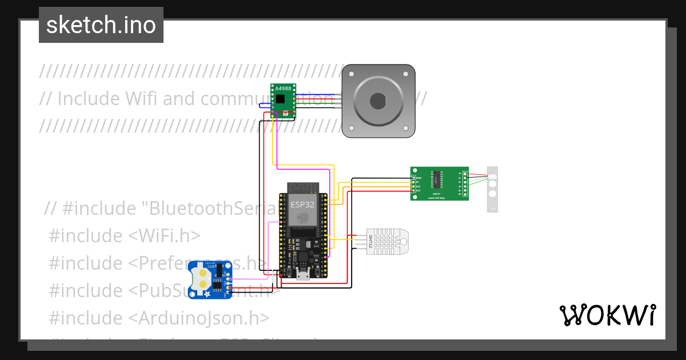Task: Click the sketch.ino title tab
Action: click(x=101, y=25)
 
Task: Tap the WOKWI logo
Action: click(x=607, y=315)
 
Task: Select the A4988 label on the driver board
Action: click(x=283, y=89)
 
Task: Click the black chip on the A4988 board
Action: click(x=281, y=99)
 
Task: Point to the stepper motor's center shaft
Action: click(x=378, y=101)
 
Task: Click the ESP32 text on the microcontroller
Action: click(x=302, y=204)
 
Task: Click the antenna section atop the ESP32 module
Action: click(x=302, y=189)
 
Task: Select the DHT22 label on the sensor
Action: click(x=370, y=244)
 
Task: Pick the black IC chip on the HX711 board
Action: click(x=437, y=179)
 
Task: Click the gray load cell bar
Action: click(x=492, y=189)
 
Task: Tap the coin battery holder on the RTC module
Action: click(x=202, y=278)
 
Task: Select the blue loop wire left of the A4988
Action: click(x=262, y=105)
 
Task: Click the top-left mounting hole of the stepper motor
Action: click(x=348, y=71)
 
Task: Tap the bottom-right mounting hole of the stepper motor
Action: click(x=408, y=131)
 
